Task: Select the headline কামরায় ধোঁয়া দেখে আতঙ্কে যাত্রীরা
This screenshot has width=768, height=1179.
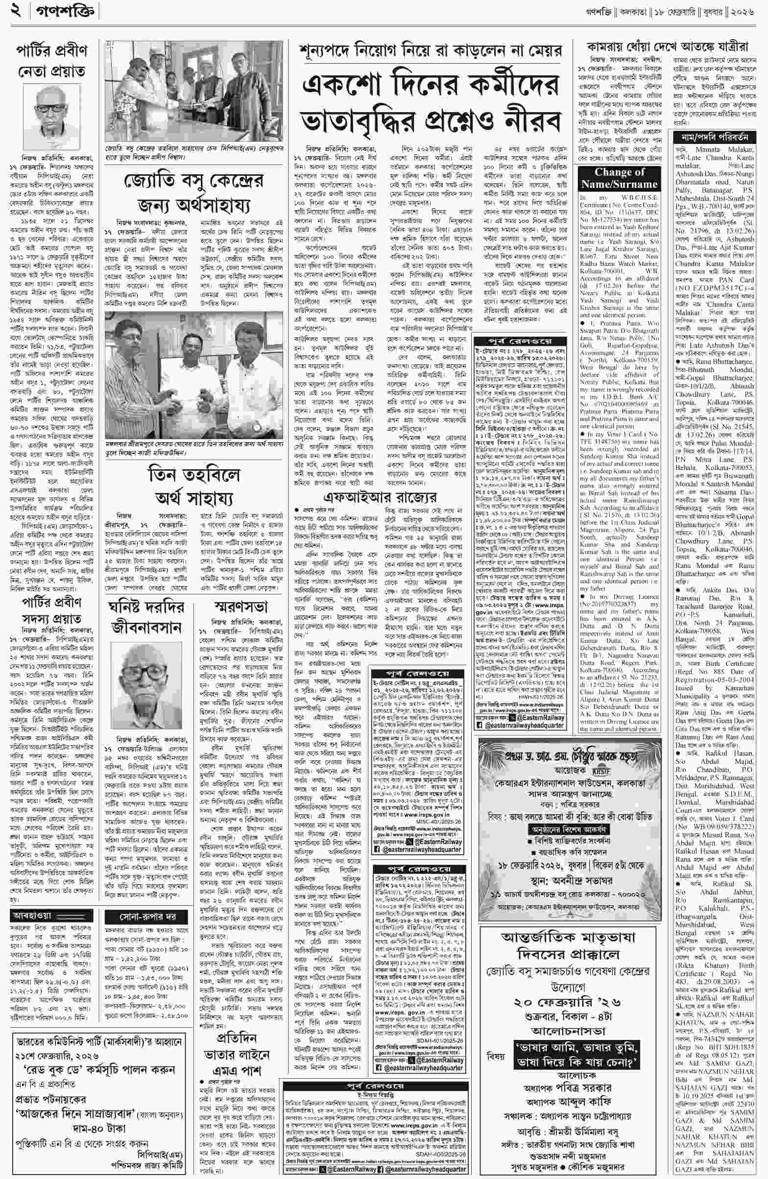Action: (x=667, y=47)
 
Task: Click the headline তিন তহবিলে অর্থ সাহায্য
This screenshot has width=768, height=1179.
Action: (x=194, y=488)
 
